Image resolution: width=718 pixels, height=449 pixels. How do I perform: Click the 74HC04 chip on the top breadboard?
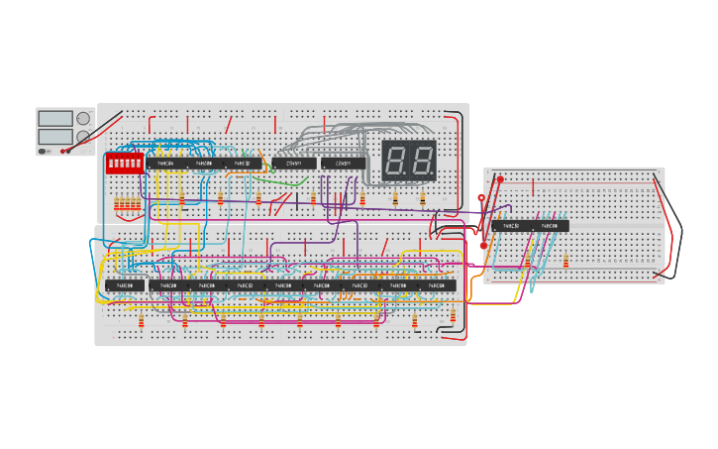(x=164, y=164)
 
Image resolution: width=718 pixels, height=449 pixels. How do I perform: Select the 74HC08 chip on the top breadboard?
(x=203, y=164)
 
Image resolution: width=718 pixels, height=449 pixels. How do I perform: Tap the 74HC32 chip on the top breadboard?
(x=242, y=164)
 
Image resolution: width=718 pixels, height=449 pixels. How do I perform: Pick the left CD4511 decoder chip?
(x=293, y=164)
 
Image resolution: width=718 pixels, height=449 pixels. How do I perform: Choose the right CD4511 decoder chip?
(x=343, y=164)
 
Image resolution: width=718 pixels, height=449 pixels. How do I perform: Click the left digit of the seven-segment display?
(x=395, y=160)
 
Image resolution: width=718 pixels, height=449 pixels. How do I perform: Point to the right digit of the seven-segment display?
(x=421, y=160)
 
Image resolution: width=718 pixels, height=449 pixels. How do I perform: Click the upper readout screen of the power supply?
(x=55, y=119)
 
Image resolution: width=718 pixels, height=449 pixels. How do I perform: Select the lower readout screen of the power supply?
(x=55, y=136)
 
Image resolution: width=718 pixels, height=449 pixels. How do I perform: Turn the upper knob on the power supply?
(x=83, y=119)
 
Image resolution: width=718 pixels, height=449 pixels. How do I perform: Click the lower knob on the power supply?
(x=83, y=137)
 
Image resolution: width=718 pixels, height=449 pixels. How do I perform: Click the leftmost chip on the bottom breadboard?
(x=125, y=285)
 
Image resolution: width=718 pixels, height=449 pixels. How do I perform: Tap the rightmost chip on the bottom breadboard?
(x=436, y=285)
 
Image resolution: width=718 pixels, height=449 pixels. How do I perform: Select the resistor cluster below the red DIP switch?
(x=128, y=205)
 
